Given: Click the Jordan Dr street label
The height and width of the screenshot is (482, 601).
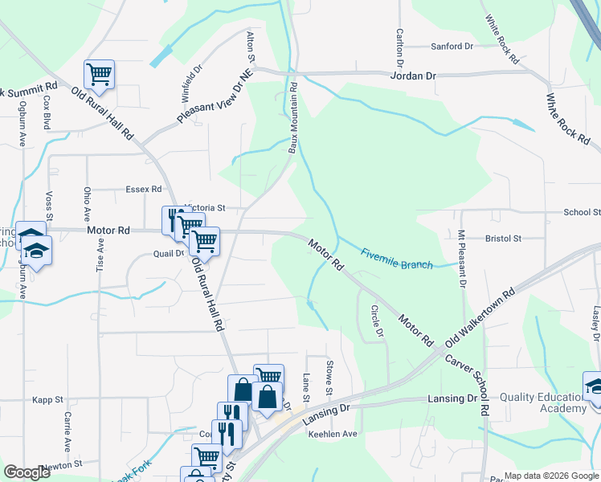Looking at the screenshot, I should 412,76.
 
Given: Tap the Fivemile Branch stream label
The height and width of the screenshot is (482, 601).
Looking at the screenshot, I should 397,259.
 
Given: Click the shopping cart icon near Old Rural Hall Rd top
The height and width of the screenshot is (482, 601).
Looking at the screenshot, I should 99,75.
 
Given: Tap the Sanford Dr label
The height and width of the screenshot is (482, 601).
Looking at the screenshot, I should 452,47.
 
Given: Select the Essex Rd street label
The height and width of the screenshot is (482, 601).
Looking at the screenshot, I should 144,190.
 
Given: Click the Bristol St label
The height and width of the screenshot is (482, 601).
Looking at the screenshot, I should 504,239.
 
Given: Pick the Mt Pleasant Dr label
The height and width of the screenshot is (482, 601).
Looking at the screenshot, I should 462,259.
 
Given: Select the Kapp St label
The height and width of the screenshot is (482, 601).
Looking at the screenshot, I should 47,399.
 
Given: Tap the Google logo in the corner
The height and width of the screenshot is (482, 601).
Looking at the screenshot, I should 27,472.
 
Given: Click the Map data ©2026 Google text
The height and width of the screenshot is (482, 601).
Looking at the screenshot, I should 551,476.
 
